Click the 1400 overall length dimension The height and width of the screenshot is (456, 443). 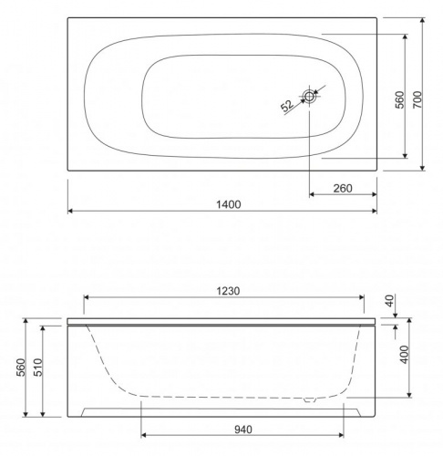pos(229,204)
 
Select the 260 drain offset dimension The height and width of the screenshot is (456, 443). pos(343,189)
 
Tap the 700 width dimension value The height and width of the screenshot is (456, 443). pos(418,99)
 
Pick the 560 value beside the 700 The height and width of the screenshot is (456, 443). pos(400,99)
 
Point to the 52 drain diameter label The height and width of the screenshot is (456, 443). pos(287,106)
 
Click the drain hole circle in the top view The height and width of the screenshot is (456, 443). pos(309,97)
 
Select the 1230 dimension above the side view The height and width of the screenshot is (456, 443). pos(228,291)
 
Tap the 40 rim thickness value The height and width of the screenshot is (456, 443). pos(389,300)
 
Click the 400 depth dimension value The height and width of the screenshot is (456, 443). pos(405,354)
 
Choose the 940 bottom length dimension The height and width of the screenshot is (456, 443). pos(243,430)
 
